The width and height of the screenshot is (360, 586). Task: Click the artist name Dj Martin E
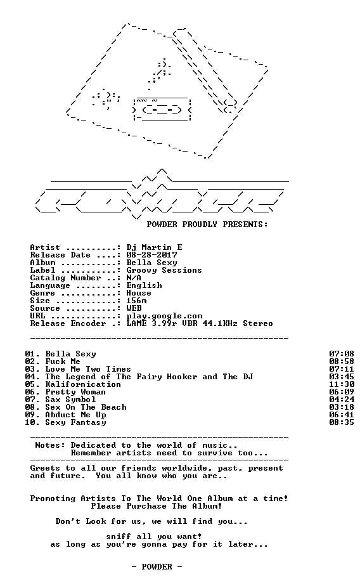[154, 247]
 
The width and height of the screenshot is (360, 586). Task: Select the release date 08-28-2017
[151, 255]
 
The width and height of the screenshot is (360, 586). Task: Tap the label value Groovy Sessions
[164, 270]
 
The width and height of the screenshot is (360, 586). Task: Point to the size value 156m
[136, 301]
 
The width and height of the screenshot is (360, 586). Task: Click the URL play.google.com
[164, 316]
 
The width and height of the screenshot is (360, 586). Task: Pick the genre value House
[139, 293]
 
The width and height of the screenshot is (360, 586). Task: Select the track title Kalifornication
[83, 384]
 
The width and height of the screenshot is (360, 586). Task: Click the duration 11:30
[342, 384]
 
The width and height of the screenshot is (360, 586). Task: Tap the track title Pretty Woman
[75, 392]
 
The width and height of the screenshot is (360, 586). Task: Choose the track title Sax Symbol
[70, 400]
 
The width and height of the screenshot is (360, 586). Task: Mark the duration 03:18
[342, 407]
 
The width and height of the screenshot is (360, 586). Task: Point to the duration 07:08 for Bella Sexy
[342, 354]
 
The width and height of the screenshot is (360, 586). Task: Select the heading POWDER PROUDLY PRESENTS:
[207, 225]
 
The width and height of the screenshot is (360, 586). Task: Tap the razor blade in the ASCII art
[162, 109]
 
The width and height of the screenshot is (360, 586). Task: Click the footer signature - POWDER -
[157, 567]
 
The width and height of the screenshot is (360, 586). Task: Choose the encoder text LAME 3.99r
[151, 323]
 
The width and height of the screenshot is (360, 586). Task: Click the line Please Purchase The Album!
[157, 506]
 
